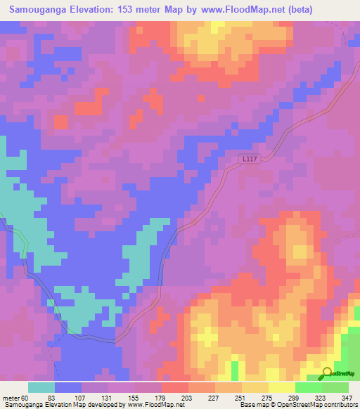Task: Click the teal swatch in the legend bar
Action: click(41, 387)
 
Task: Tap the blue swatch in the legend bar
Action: click(68, 387)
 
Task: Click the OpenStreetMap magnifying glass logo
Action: click(328, 374)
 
